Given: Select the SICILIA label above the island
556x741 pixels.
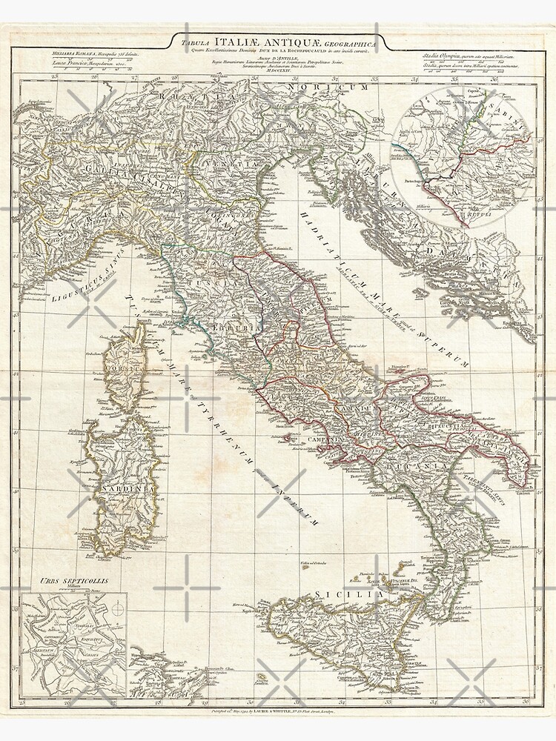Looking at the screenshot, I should [x=338, y=594].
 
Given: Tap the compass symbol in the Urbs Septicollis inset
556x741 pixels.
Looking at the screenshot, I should [x=115, y=610].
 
